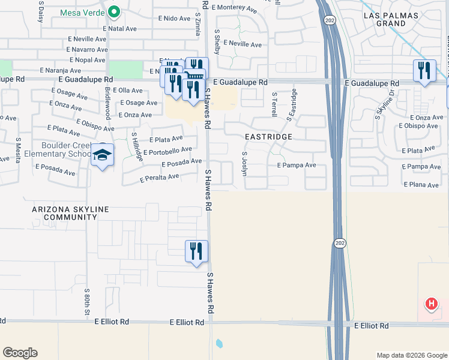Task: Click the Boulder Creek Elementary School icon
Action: click(x=102, y=156)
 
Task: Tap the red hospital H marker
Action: click(x=431, y=304)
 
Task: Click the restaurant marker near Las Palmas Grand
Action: click(x=424, y=71)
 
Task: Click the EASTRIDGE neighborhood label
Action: click(x=268, y=137)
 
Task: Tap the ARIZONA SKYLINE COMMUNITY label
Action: click(x=71, y=213)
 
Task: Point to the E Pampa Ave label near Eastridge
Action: click(x=296, y=165)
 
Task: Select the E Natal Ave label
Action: click(x=119, y=28)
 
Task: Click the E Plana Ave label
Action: click(x=421, y=185)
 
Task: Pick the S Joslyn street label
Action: click(x=244, y=163)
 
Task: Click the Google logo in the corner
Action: click(x=20, y=353)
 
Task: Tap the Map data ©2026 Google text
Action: click(x=411, y=355)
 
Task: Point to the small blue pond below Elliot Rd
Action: click(x=219, y=344)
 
